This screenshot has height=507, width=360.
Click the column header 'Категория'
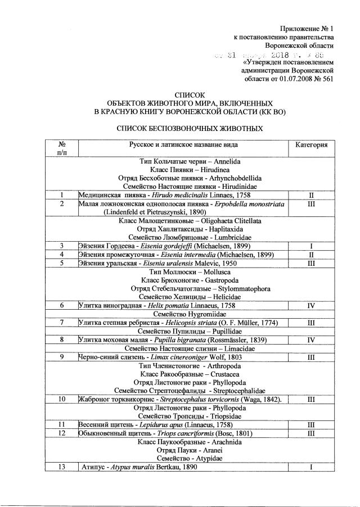click(x=311, y=145)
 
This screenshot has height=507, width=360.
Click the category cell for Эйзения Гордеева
click(x=311, y=246)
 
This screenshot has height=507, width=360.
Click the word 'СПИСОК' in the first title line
click(x=191, y=95)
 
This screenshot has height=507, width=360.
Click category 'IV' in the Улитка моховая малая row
click(x=311, y=339)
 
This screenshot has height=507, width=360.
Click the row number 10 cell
click(x=61, y=399)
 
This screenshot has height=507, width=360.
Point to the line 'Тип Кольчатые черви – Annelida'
click(x=182, y=160)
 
